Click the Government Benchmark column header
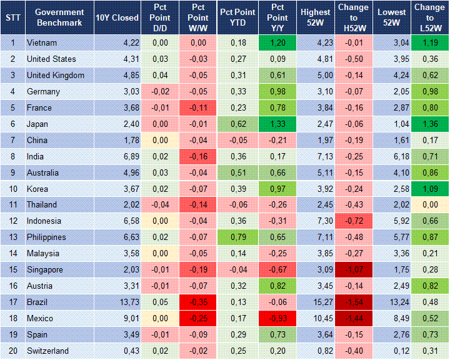click(59, 17)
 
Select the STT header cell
click(12, 17)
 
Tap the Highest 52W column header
click(315, 17)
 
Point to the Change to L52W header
click(429, 17)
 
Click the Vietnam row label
click(41, 43)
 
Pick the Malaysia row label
click(43, 253)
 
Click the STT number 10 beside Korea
click(12, 189)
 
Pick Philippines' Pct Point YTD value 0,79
click(236, 237)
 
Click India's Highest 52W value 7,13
click(315, 156)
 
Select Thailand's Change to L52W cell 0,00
click(429, 204)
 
